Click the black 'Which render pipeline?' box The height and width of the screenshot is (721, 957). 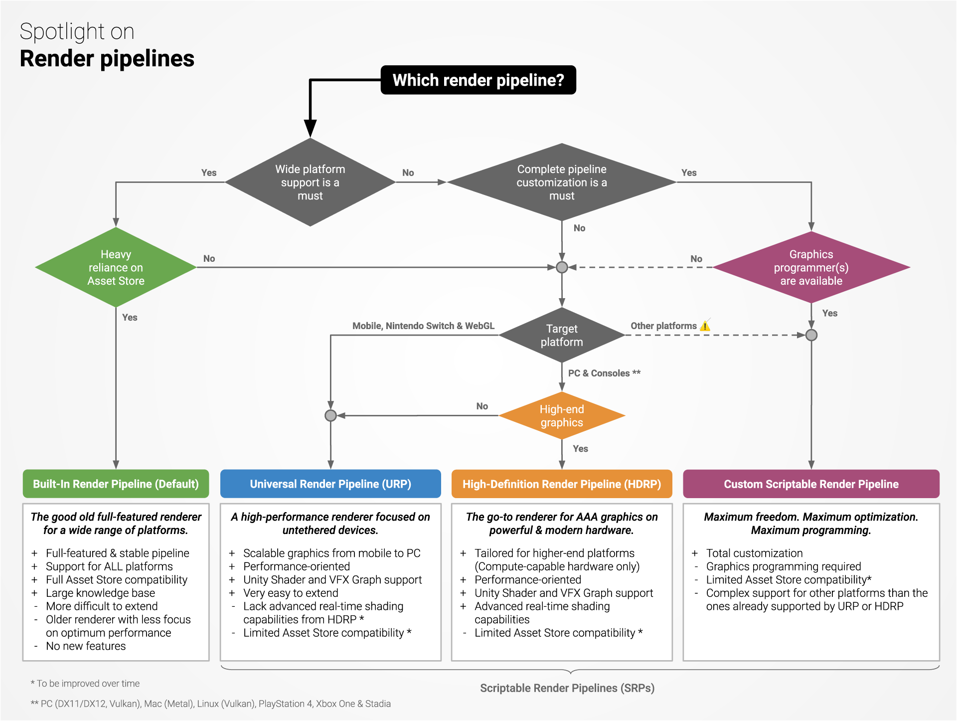click(478, 80)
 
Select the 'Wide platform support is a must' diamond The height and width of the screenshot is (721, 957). click(310, 182)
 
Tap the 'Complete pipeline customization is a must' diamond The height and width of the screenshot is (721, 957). click(562, 182)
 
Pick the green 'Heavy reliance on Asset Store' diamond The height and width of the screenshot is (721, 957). click(116, 268)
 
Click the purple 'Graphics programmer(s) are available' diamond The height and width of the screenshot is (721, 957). click(811, 268)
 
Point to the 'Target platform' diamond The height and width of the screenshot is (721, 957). click(562, 335)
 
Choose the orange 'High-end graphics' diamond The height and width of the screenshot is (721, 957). click(562, 416)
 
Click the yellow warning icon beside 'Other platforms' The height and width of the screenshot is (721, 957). click(705, 326)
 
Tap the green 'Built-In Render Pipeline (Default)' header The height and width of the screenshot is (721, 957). click(116, 484)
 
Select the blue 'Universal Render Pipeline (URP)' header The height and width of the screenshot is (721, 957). click(330, 484)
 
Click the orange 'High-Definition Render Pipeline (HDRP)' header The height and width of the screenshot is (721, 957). click(562, 484)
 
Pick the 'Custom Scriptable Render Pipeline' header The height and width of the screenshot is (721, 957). click(811, 484)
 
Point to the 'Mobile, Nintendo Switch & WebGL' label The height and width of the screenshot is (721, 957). click(423, 326)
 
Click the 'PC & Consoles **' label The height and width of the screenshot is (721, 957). click(604, 373)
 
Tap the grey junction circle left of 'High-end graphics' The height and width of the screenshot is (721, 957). click(330, 415)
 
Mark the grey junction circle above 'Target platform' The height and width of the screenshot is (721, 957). click(562, 267)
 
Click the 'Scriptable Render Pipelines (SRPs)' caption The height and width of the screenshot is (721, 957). click(567, 688)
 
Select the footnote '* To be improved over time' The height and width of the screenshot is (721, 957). click(85, 684)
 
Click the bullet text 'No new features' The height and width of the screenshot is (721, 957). click(86, 646)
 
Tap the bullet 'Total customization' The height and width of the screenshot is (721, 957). click(754, 553)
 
